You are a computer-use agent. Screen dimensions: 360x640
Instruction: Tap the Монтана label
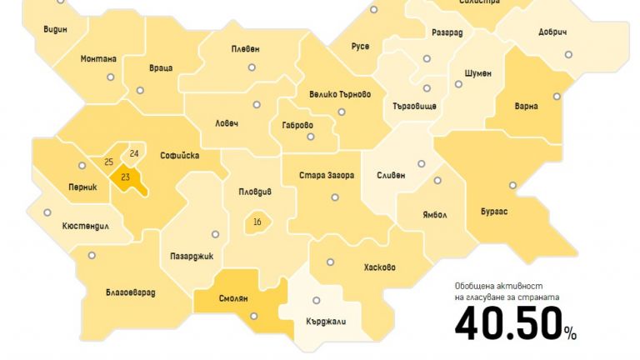coord(98,59)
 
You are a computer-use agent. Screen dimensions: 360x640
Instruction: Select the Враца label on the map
coord(161,67)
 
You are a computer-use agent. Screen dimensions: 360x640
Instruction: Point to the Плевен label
coord(245,49)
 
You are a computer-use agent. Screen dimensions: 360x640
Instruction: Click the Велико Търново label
coord(339,94)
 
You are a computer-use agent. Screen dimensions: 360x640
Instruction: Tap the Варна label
coord(527,107)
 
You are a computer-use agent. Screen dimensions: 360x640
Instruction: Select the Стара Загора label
coord(327,176)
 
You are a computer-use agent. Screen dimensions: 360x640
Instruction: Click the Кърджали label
coord(327,322)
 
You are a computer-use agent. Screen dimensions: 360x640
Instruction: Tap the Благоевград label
coord(131,292)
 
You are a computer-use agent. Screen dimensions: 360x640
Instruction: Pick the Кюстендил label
coord(86,227)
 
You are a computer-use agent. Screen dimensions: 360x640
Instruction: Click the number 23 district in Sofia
coord(126,177)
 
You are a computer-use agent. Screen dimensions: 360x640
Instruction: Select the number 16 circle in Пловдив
coord(257,222)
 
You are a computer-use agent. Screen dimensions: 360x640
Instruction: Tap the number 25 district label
coord(108,162)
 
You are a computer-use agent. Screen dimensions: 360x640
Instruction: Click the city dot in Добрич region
coord(568,55)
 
